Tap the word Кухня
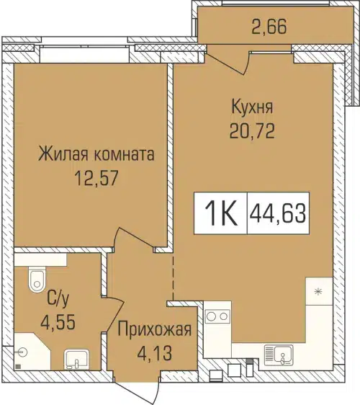tap(251, 108)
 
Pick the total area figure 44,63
tap(277, 214)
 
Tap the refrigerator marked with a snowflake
tap(318, 291)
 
